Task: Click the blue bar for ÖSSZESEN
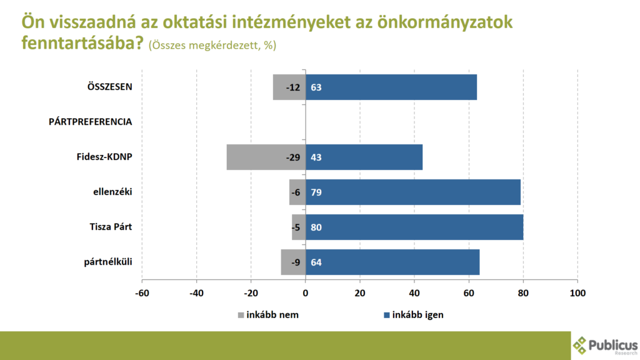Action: (x=391, y=87)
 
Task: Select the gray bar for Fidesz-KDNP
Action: (x=266, y=157)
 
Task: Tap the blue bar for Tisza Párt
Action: (x=414, y=227)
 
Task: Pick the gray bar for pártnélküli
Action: (x=293, y=262)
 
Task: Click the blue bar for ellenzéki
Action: (x=413, y=192)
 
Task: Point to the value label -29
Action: (x=293, y=157)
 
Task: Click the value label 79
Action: (x=316, y=192)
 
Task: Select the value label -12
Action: (x=293, y=87)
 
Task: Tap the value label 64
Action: (x=316, y=262)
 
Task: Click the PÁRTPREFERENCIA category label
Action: (x=90, y=122)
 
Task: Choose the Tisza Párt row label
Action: (x=111, y=227)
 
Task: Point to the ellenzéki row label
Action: (x=112, y=192)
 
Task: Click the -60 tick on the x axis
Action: (x=142, y=293)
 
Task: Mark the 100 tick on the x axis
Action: (x=577, y=293)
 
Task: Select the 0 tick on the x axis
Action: (x=305, y=293)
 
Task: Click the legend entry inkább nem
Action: (x=269, y=315)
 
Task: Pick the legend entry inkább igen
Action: (x=414, y=315)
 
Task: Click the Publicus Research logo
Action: (x=605, y=346)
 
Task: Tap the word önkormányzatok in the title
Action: (x=445, y=22)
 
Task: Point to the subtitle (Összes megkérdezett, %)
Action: (x=212, y=45)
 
